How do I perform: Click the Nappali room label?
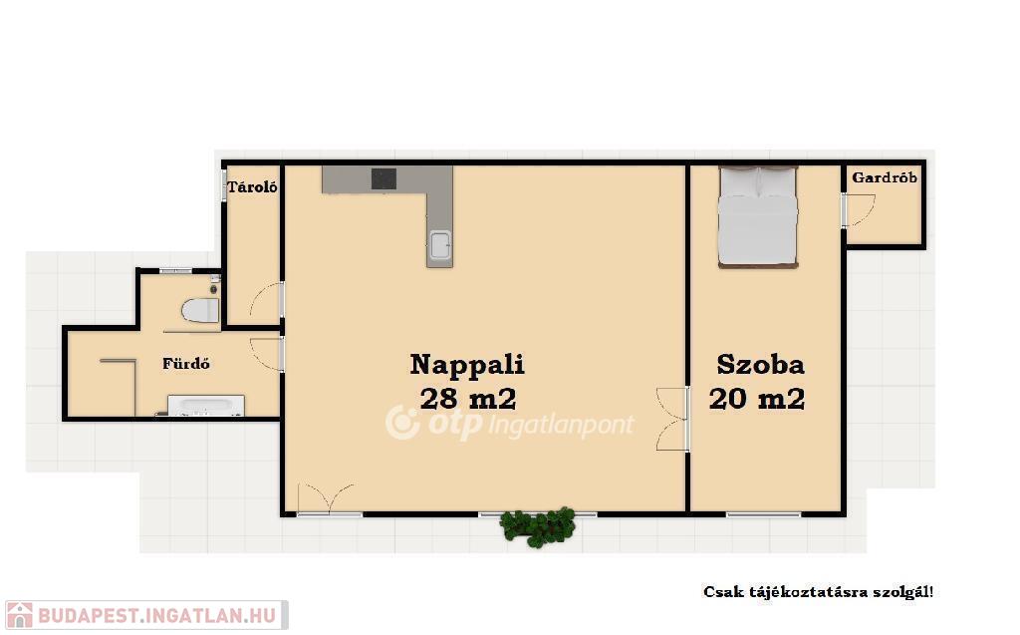pyautogui.click(x=467, y=364)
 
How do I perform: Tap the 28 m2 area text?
pyautogui.click(x=468, y=398)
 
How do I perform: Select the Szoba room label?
pyautogui.click(x=760, y=364)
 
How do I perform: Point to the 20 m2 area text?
pyautogui.click(x=757, y=398)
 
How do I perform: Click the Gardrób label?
pyautogui.click(x=885, y=177)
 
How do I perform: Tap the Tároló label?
pyautogui.click(x=252, y=187)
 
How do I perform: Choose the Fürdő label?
pyautogui.click(x=186, y=364)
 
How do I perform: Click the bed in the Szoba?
pyautogui.click(x=758, y=217)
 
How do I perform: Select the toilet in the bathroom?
pyautogui.click(x=200, y=310)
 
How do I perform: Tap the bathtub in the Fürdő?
pyautogui.click(x=206, y=405)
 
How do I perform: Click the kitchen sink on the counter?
pyautogui.click(x=439, y=245)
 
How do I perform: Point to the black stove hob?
pyautogui.click(x=383, y=178)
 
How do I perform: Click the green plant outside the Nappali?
pyautogui.click(x=538, y=526)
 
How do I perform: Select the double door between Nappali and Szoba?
pyautogui.click(x=673, y=420)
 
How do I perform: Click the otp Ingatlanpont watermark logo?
pyautogui.click(x=509, y=424)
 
